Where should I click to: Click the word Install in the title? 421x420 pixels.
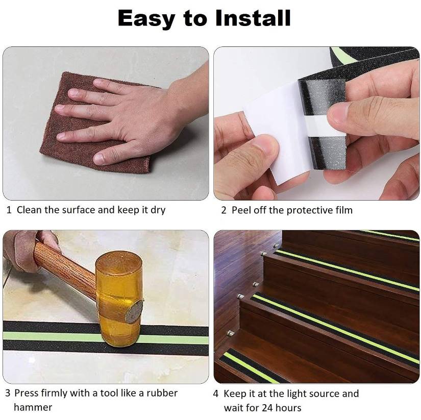253,18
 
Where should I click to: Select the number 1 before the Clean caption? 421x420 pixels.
9,210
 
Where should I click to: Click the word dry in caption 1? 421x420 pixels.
158,210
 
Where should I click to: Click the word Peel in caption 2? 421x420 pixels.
241,210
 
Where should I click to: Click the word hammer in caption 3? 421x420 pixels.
33,407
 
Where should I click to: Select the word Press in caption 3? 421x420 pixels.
26,393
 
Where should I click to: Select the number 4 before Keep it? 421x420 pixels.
215,394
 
